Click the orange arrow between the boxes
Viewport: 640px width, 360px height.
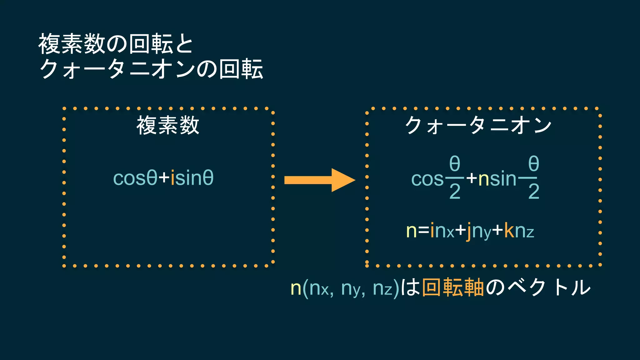coord(319,180)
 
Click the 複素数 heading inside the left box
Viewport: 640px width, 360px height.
coord(168,125)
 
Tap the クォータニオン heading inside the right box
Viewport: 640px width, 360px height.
coord(478,125)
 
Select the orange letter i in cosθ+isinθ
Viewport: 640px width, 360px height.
coord(172,178)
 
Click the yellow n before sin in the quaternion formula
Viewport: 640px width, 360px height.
coord(483,179)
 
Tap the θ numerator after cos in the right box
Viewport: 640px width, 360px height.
coord(455,163)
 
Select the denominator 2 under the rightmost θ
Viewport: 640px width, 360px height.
coord(534,192)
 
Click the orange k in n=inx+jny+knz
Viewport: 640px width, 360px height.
coord(509,231)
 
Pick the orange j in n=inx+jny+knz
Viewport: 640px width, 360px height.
coord(468,232)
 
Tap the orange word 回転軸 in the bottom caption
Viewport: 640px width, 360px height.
coord(453,287)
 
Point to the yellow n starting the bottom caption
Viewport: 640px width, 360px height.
coord(296,288)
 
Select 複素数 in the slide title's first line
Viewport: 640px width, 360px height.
coord(72,44)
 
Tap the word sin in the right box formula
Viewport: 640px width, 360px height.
coord(503,179)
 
